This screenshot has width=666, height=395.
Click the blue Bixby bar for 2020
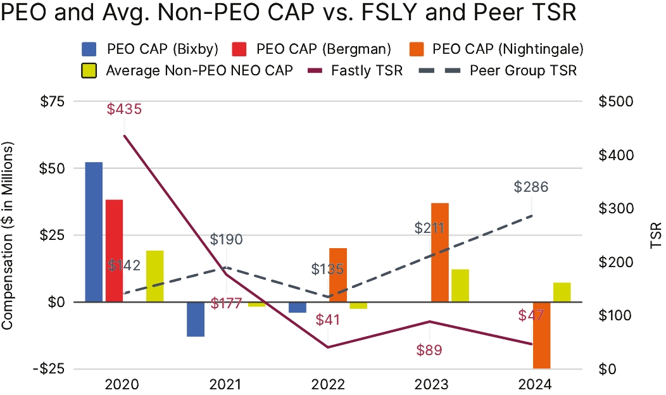click(94, 232)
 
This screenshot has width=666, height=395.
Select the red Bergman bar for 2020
click(114, 251)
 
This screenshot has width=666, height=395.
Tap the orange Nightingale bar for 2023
click(440, 253)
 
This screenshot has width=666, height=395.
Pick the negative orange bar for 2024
click(541, 335)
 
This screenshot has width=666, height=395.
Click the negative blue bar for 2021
click(196, 319)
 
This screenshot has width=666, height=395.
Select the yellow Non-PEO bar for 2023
click(460, 285)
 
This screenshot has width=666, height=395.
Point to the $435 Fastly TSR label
click(124, 109)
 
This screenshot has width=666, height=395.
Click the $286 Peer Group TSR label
click(531, 187)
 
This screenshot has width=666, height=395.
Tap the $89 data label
click(429, 349)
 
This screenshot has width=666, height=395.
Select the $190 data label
click(227, 239)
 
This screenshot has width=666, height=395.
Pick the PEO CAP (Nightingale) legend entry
click(507, 49)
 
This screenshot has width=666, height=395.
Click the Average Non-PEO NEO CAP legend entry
click(199, 70)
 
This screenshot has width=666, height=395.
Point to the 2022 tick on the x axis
click(327, 384)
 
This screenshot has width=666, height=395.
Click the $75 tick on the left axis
click(54, 101)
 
